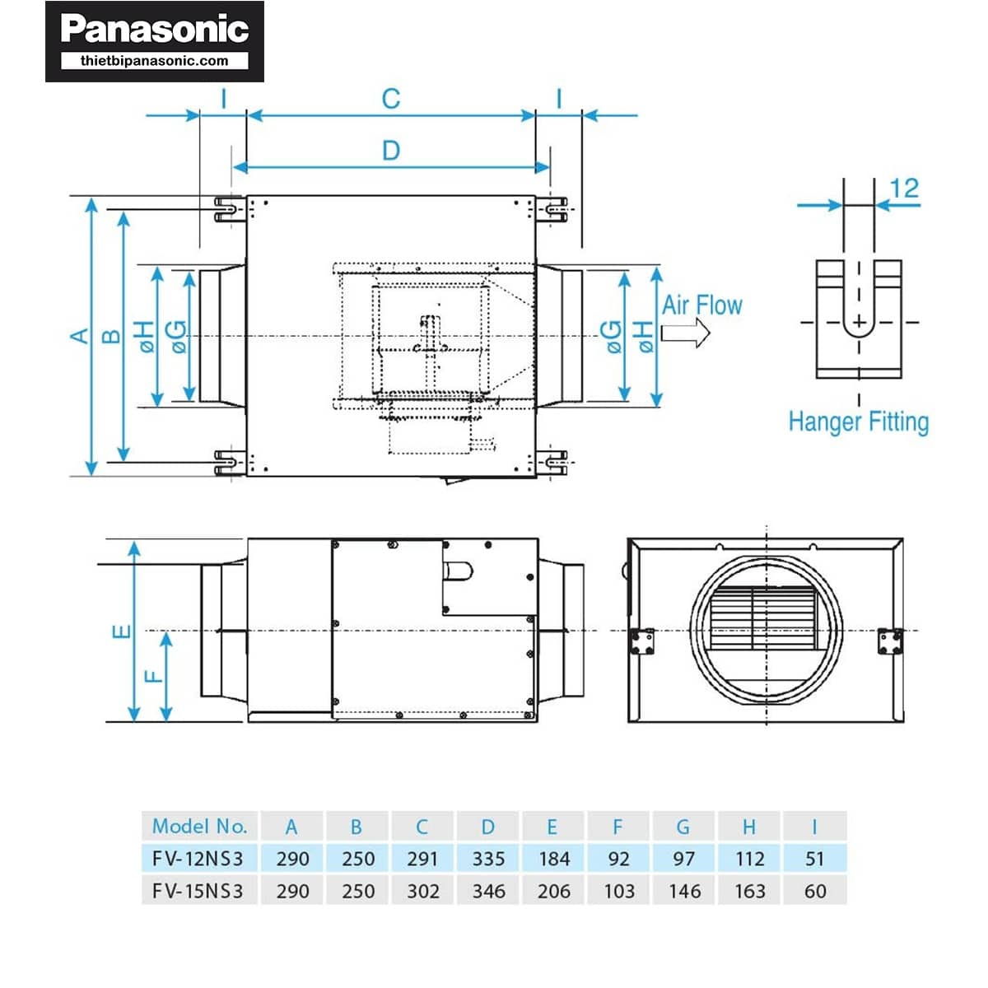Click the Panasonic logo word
(155, 30)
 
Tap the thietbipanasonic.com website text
(155, 60)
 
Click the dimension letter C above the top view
(391, 99)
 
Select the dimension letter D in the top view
(391, 151)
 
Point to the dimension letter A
(79, 336)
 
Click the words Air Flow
(702, 305)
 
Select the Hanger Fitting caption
(858, 422)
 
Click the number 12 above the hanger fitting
(904, 188)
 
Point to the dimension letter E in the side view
(121, 631)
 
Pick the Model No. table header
(199, 826)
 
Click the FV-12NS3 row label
(198, 859)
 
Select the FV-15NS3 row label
(198, 891)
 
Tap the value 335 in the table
(488, 859)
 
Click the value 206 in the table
(553, 891)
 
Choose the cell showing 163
(749, 891)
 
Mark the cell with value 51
(815, 859)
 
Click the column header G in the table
(683, 827)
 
